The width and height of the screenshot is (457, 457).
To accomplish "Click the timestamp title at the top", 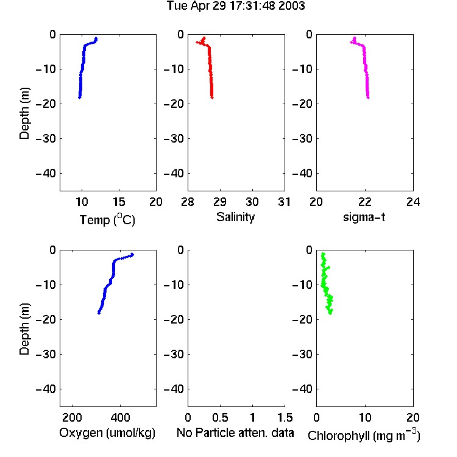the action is (236, 6).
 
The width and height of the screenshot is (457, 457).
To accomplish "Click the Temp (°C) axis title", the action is (107, 219).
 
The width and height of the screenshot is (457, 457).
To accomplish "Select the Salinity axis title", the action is (235, 217).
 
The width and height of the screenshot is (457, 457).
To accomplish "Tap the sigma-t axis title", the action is (364, 217).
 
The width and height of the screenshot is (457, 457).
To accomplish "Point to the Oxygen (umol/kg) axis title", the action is (107, 433).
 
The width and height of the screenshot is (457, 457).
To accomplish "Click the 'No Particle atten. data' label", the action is (235, 433).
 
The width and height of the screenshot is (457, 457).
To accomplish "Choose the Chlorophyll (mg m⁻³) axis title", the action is (364, 435).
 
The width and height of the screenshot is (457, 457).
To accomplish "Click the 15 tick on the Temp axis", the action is (119, 202).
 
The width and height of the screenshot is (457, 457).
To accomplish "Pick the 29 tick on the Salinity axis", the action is (220, 202).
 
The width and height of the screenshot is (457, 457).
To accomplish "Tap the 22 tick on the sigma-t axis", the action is (364, 202).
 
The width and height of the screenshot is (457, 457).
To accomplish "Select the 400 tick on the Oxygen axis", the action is (120, 417).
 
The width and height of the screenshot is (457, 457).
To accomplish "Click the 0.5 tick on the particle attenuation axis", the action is (220, 417).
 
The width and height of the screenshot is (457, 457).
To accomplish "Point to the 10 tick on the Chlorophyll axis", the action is (364, 417).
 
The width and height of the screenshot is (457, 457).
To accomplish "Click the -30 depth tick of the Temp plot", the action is (46, 138).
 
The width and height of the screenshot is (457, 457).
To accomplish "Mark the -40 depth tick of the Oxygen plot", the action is (46, 389).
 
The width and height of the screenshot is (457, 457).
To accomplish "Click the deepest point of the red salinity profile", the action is (212, 97).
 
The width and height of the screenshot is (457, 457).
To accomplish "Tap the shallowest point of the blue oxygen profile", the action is (132, 255).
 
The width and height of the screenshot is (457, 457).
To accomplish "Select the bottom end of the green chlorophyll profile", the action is (330, 313).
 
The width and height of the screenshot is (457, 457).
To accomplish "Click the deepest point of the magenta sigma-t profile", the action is (368, 97).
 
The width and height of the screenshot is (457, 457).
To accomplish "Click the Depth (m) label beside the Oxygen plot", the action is (24, 329).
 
